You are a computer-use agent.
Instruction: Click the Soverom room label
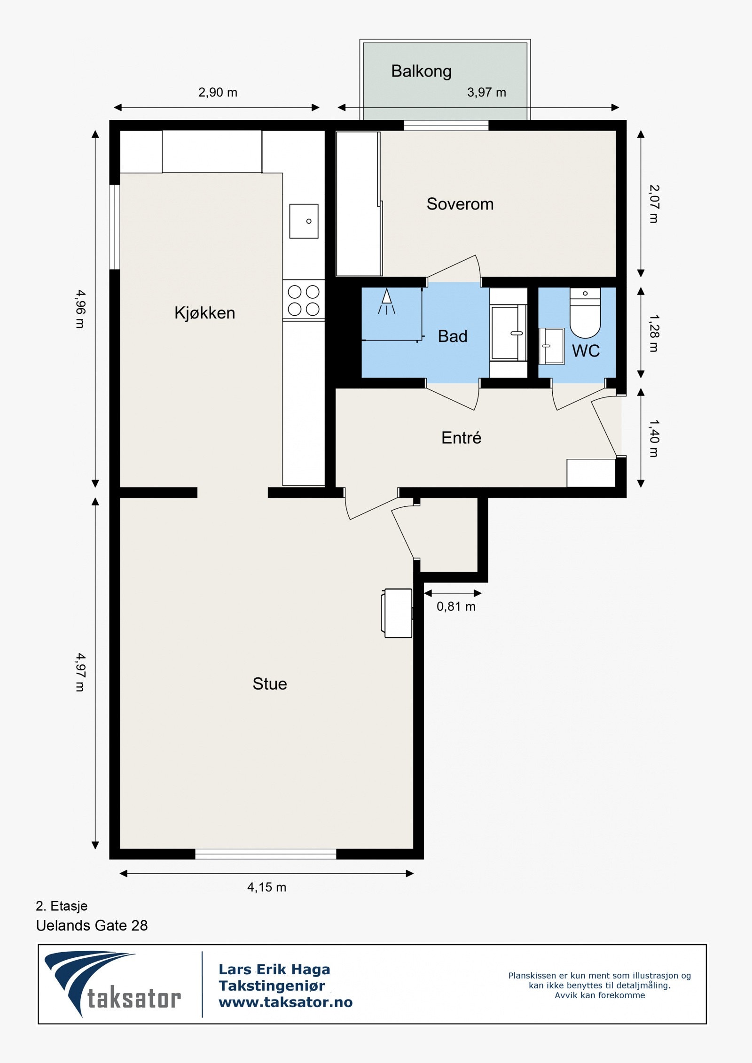coord(460,204)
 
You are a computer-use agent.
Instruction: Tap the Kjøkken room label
coord(204,313)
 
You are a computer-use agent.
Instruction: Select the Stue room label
coord(270,683)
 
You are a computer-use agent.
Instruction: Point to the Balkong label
coord(422,71)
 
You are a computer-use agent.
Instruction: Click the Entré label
coord(462,438)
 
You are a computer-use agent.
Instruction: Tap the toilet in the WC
coord(585,313)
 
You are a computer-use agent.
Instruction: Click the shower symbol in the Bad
coord(386,302)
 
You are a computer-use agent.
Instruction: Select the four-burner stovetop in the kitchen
coord(304,300)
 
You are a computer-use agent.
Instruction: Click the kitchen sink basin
coord(304,221)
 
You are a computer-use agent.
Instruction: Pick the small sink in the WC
coord(551,346)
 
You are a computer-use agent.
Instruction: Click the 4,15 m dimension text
coord(266,887)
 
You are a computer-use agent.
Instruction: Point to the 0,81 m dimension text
coord(456,606)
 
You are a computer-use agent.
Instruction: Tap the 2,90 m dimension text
coord(218,92)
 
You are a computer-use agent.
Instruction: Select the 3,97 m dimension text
coord(486,92)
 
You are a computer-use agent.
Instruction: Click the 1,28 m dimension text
coord(653,333)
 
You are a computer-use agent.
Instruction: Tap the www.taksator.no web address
coord(285,1002)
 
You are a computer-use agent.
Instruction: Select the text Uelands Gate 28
coord(92,925)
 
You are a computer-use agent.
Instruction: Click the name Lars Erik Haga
coord(274,969)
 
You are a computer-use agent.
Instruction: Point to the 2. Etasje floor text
coord(62,906)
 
